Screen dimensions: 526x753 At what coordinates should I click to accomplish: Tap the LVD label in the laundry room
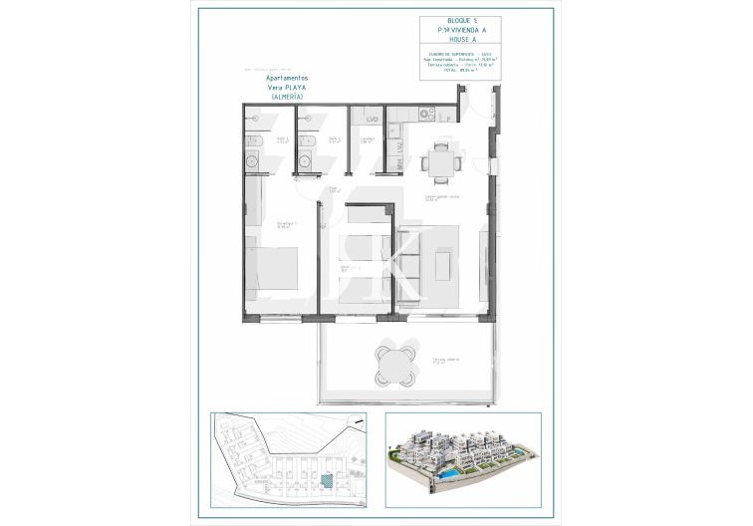click(x=371, y=121)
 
